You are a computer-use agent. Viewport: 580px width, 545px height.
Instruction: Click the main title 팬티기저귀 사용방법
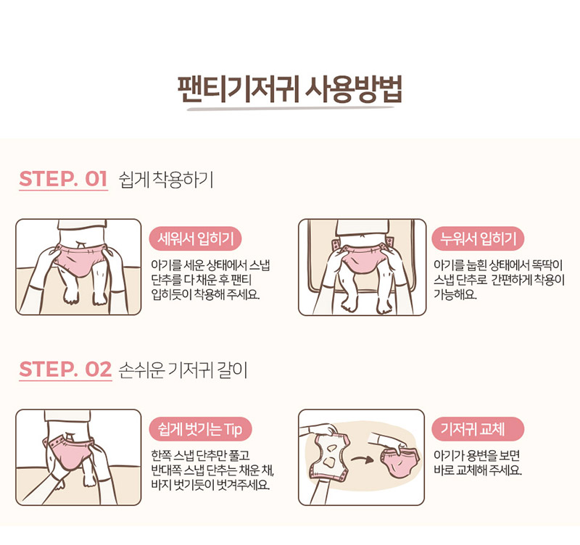tap(289, 89)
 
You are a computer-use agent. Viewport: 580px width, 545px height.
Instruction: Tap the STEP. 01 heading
tap(63, 179)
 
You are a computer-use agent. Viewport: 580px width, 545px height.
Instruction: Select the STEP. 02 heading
tap(65, 370)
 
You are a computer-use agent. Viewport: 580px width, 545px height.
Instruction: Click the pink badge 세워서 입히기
tap(195, 238)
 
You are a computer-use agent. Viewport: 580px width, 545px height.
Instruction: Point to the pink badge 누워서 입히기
tap(478, 238)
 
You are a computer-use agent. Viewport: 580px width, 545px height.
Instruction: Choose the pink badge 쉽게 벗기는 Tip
tap(200, 429)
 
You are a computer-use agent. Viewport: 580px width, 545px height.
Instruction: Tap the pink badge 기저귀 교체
tap(478, 429)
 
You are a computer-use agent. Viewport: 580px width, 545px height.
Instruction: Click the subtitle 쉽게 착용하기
tap(166, 180)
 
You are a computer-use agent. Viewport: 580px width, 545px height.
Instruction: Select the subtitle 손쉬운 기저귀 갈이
tap(183, 370)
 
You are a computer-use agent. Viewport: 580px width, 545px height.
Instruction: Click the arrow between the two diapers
tap(362, 459)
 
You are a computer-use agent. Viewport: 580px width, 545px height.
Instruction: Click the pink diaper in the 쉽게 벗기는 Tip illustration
tap(69, 451)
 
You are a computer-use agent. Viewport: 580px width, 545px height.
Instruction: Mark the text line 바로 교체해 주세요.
tap(477, 470)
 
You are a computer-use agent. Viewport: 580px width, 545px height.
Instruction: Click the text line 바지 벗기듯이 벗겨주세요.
tap(210, 485)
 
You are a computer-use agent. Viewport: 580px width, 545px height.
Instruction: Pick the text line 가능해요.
tap(455, 294)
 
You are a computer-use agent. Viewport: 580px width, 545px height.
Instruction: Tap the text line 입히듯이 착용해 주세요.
tap(205, 294)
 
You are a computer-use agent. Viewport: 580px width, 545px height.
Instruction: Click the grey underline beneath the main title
tap(291, 109)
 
